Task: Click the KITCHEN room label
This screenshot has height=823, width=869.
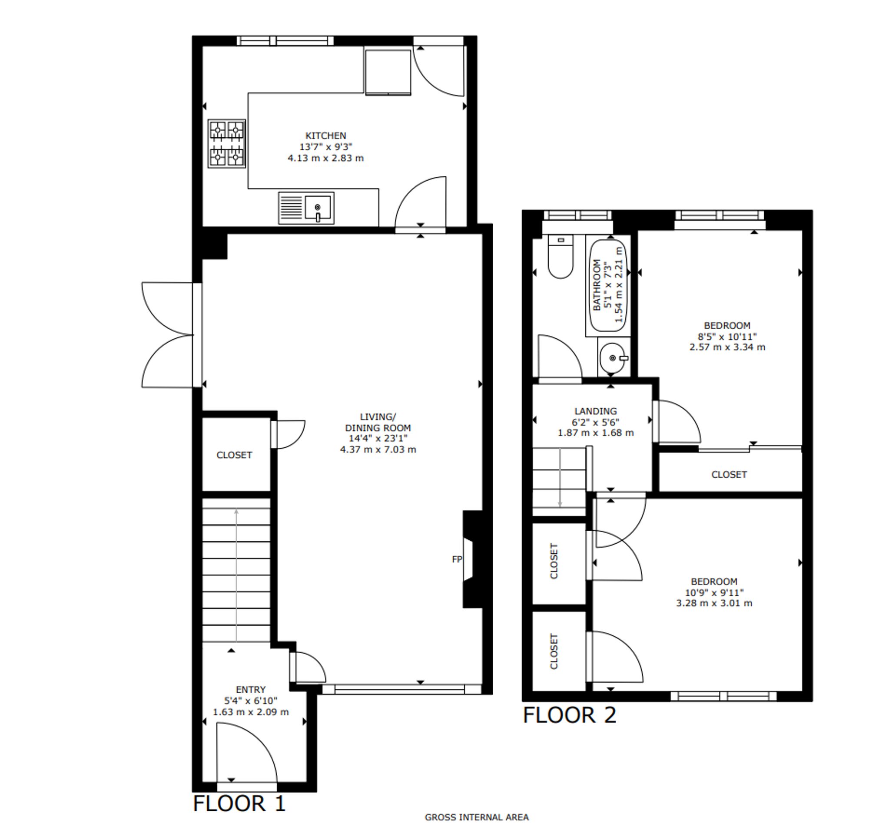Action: click(325, 136)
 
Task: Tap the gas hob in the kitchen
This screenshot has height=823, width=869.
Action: click(226, 143)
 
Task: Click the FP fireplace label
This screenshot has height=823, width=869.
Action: click(457, 559)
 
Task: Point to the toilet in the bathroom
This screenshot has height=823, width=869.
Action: click(561, 256)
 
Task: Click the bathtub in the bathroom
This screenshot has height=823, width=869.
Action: click(608, 285)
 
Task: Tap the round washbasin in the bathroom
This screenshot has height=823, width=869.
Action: click(613, 358)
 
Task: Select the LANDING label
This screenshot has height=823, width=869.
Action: click(596, 411)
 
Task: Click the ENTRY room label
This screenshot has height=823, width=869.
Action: click(251, 690)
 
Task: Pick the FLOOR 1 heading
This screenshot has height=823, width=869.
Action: click(239, 803)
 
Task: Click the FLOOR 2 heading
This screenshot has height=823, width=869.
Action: click(570, 715)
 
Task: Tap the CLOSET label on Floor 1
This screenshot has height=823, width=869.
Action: click(234, 455)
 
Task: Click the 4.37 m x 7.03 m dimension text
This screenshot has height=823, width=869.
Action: click(378, 449)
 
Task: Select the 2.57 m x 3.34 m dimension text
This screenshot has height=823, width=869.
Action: click(727, 347)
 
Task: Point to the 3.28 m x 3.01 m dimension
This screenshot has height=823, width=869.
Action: click(714, 603)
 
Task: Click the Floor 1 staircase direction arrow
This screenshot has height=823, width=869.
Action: click(236, 575)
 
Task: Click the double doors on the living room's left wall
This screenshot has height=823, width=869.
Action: click(168, 335)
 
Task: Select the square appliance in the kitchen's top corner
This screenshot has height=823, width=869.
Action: click(388, 72)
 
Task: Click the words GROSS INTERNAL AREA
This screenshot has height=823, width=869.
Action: click(477, 817)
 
